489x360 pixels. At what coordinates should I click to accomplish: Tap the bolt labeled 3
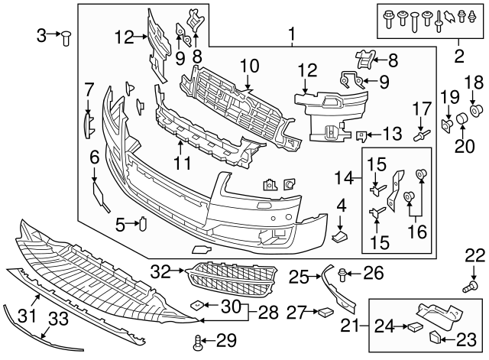(66, 34)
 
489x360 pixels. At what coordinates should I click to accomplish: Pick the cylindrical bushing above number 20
(462, 119)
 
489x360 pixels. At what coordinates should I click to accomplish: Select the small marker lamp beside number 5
(141, 224)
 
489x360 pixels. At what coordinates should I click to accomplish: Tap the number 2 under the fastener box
(458, 55)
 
